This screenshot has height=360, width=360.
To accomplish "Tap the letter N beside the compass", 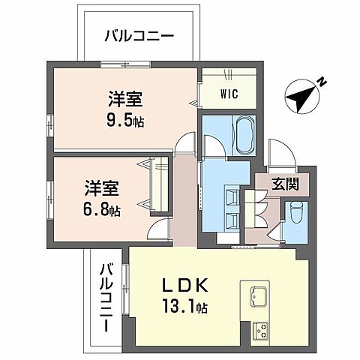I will (320, 80).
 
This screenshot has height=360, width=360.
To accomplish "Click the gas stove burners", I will (262, 328).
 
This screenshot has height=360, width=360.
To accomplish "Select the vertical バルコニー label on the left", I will (106, 297).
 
